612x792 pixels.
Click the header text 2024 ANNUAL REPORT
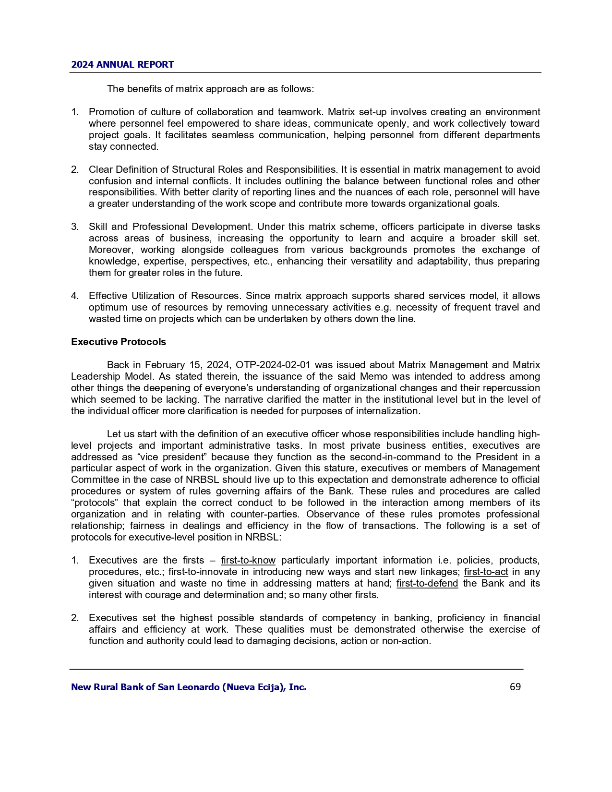(x=122, y=64)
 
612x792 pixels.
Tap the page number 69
(x=515, y=687)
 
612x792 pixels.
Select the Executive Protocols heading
(x=119, y=342)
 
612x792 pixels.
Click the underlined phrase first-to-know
(x=248, y=560)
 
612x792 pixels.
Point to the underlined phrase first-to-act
(x=486, y=572)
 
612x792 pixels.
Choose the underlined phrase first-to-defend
(x=427, y=583)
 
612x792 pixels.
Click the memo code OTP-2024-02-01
(x=272, y=365)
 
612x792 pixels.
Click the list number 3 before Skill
(x=74, y=227)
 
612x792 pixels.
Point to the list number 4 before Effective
(x=74, y=296)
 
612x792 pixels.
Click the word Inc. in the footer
(x=298, y=687)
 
